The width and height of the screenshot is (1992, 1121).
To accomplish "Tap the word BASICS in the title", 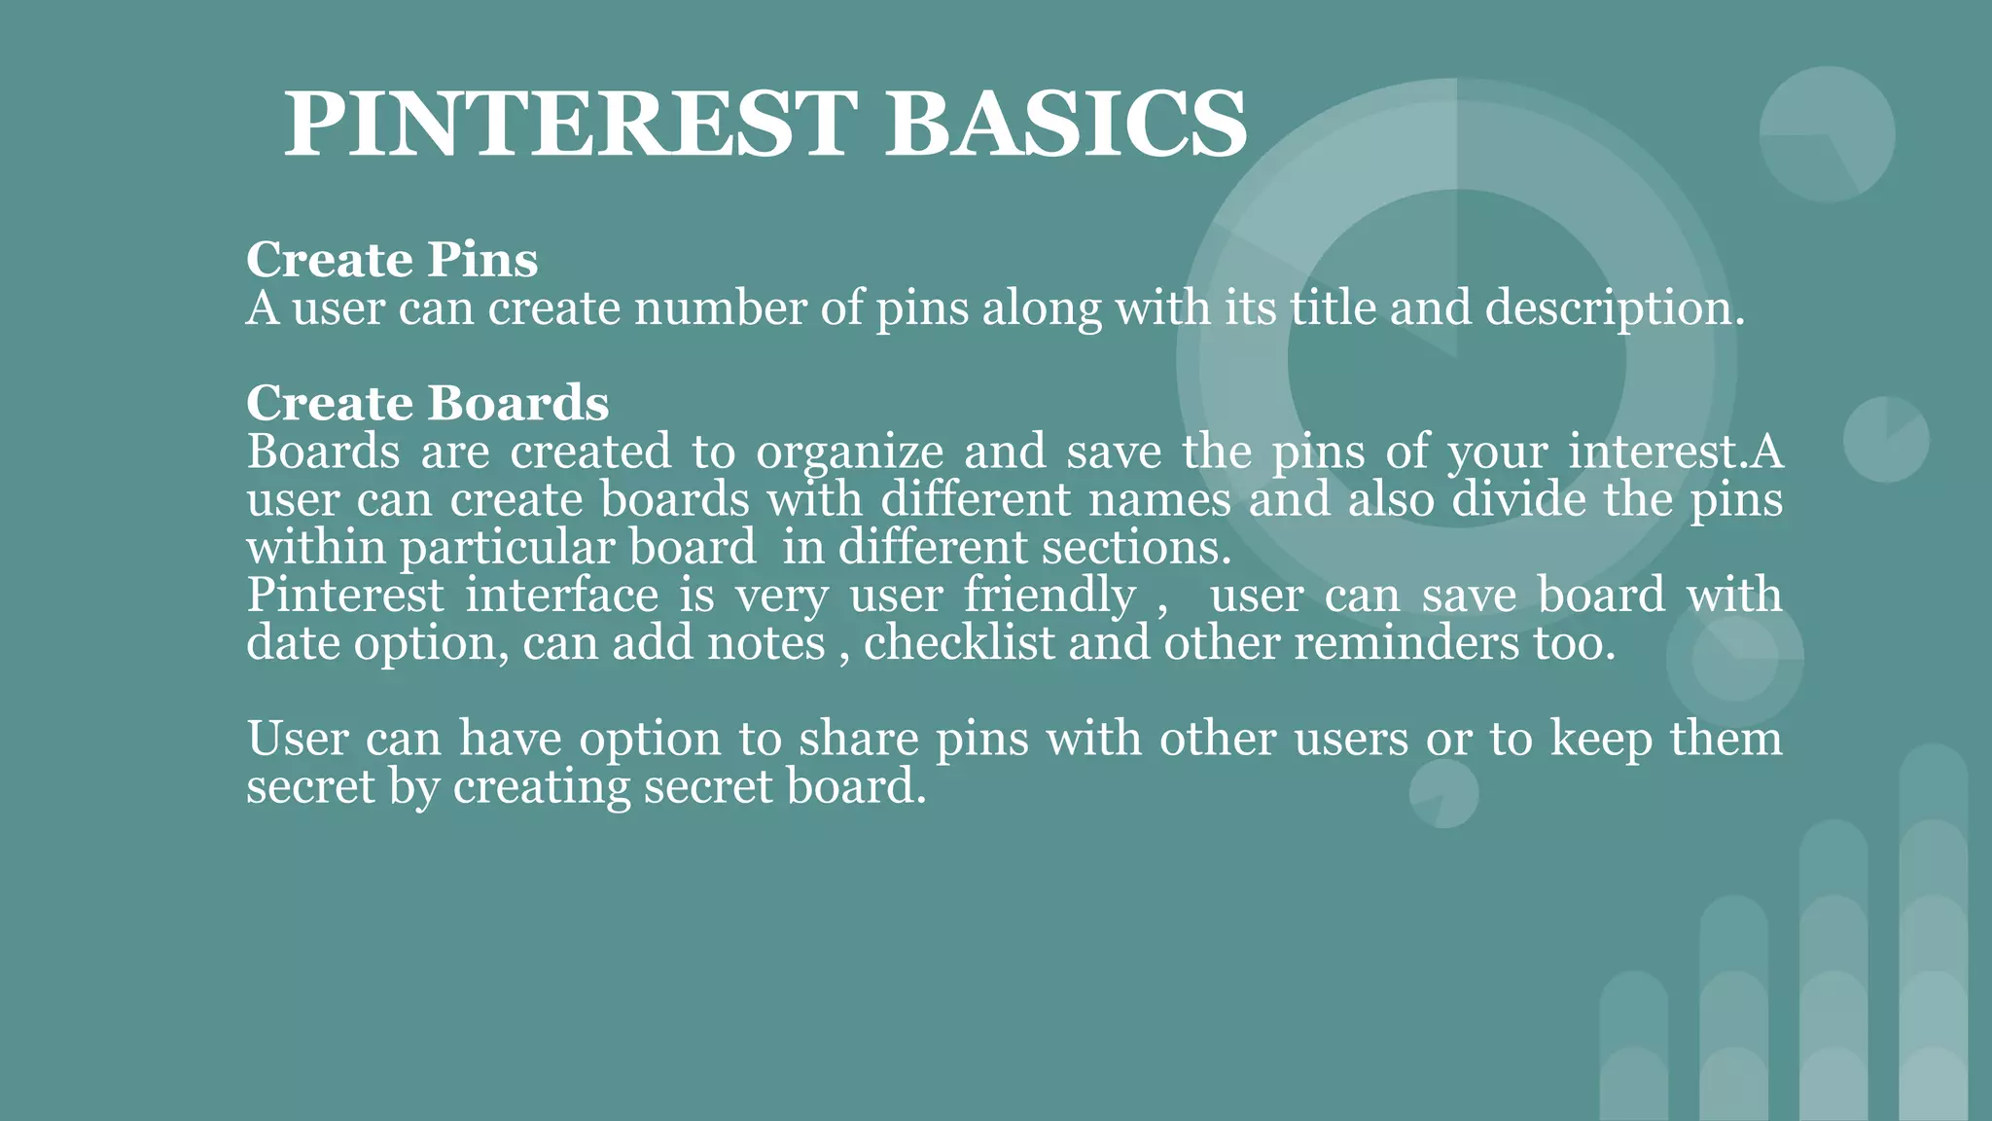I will pyautogui.click(x=1066, y=124).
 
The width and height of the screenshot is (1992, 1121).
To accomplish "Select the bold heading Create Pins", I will pyautogui.click(x=392, y=259).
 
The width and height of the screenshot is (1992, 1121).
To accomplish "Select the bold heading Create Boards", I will pyautogui.click(x=428, y=403).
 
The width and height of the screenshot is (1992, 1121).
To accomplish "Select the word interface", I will pyautogui.click(x=562, y=596).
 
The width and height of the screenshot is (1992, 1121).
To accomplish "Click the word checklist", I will pyautogui.click(x=959, y=643).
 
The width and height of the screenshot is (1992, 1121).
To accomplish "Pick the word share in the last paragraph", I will pyautogui.click(x=859, y=739).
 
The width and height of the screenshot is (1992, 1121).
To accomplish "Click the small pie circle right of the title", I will pyautogui.click(x=1827, y=134).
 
